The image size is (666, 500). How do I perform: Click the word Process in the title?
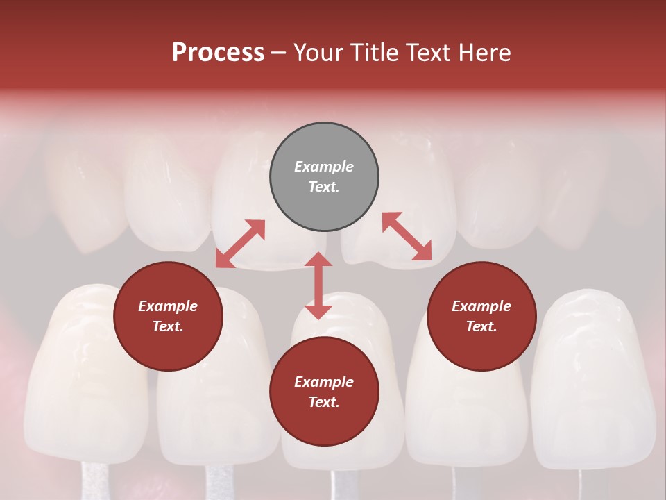click(x=218, y=53)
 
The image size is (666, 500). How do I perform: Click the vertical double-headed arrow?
click(x=318, y=285)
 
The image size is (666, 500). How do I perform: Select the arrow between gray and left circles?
click(x=240, y=244)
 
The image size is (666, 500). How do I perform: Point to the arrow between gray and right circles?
click(x=407, y=236)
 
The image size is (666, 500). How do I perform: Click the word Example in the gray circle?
click(x=324, y=167)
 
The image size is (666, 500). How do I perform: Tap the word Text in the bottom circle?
click(x=324, y=402)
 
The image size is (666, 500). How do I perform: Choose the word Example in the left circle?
click(x=168, y=306)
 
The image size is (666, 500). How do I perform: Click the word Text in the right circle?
click(x=481, y=326)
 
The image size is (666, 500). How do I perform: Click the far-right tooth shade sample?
click(x=593, y=375)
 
